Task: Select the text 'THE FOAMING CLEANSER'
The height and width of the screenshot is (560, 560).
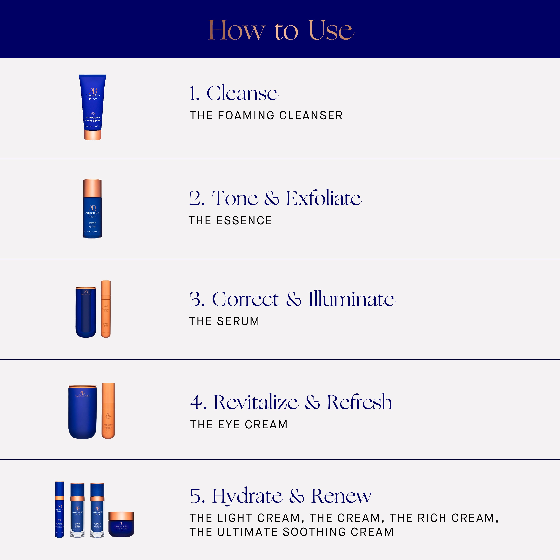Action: pyautogui.click(x=266, y=115)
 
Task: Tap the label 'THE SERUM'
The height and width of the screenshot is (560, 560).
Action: pyautogui.click(x=224, y=321)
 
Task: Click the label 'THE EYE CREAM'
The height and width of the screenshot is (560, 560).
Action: pyautogui.click(x=239, y=424)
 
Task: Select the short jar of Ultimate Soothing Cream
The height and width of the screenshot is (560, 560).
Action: pyautogui.click(x=121, y=524)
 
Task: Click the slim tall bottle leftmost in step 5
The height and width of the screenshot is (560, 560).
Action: pyautogui.click(x=59, y=510)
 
